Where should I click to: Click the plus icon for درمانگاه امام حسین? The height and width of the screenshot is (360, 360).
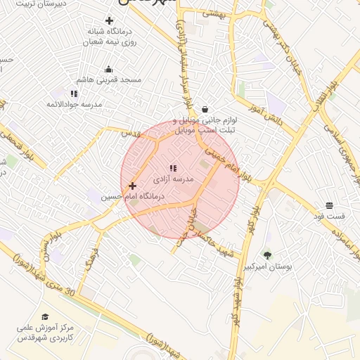[x=132, y=186]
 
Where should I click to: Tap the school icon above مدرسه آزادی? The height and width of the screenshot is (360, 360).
[x=173, y=168]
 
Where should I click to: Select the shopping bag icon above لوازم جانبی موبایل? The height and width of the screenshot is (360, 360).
[x=205, y=109]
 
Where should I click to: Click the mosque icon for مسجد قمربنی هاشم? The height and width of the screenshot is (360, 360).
[x=108, y=69]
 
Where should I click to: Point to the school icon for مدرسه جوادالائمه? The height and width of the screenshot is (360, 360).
[x=74, y=93]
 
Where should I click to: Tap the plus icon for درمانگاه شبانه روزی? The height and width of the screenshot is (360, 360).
[x=108, y=20]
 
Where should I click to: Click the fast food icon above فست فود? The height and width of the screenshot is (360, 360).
[x=329, y=205]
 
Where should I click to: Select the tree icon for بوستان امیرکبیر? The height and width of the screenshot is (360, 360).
[x=267, y=255]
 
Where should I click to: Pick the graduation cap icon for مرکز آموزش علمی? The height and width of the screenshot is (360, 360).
[x=46, y=317]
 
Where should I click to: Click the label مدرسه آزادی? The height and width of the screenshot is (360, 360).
[x=178, y=179]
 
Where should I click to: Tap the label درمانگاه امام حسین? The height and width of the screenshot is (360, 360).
[x=133, y=198]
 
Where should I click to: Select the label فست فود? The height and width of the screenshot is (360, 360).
[x=329, y=217]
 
